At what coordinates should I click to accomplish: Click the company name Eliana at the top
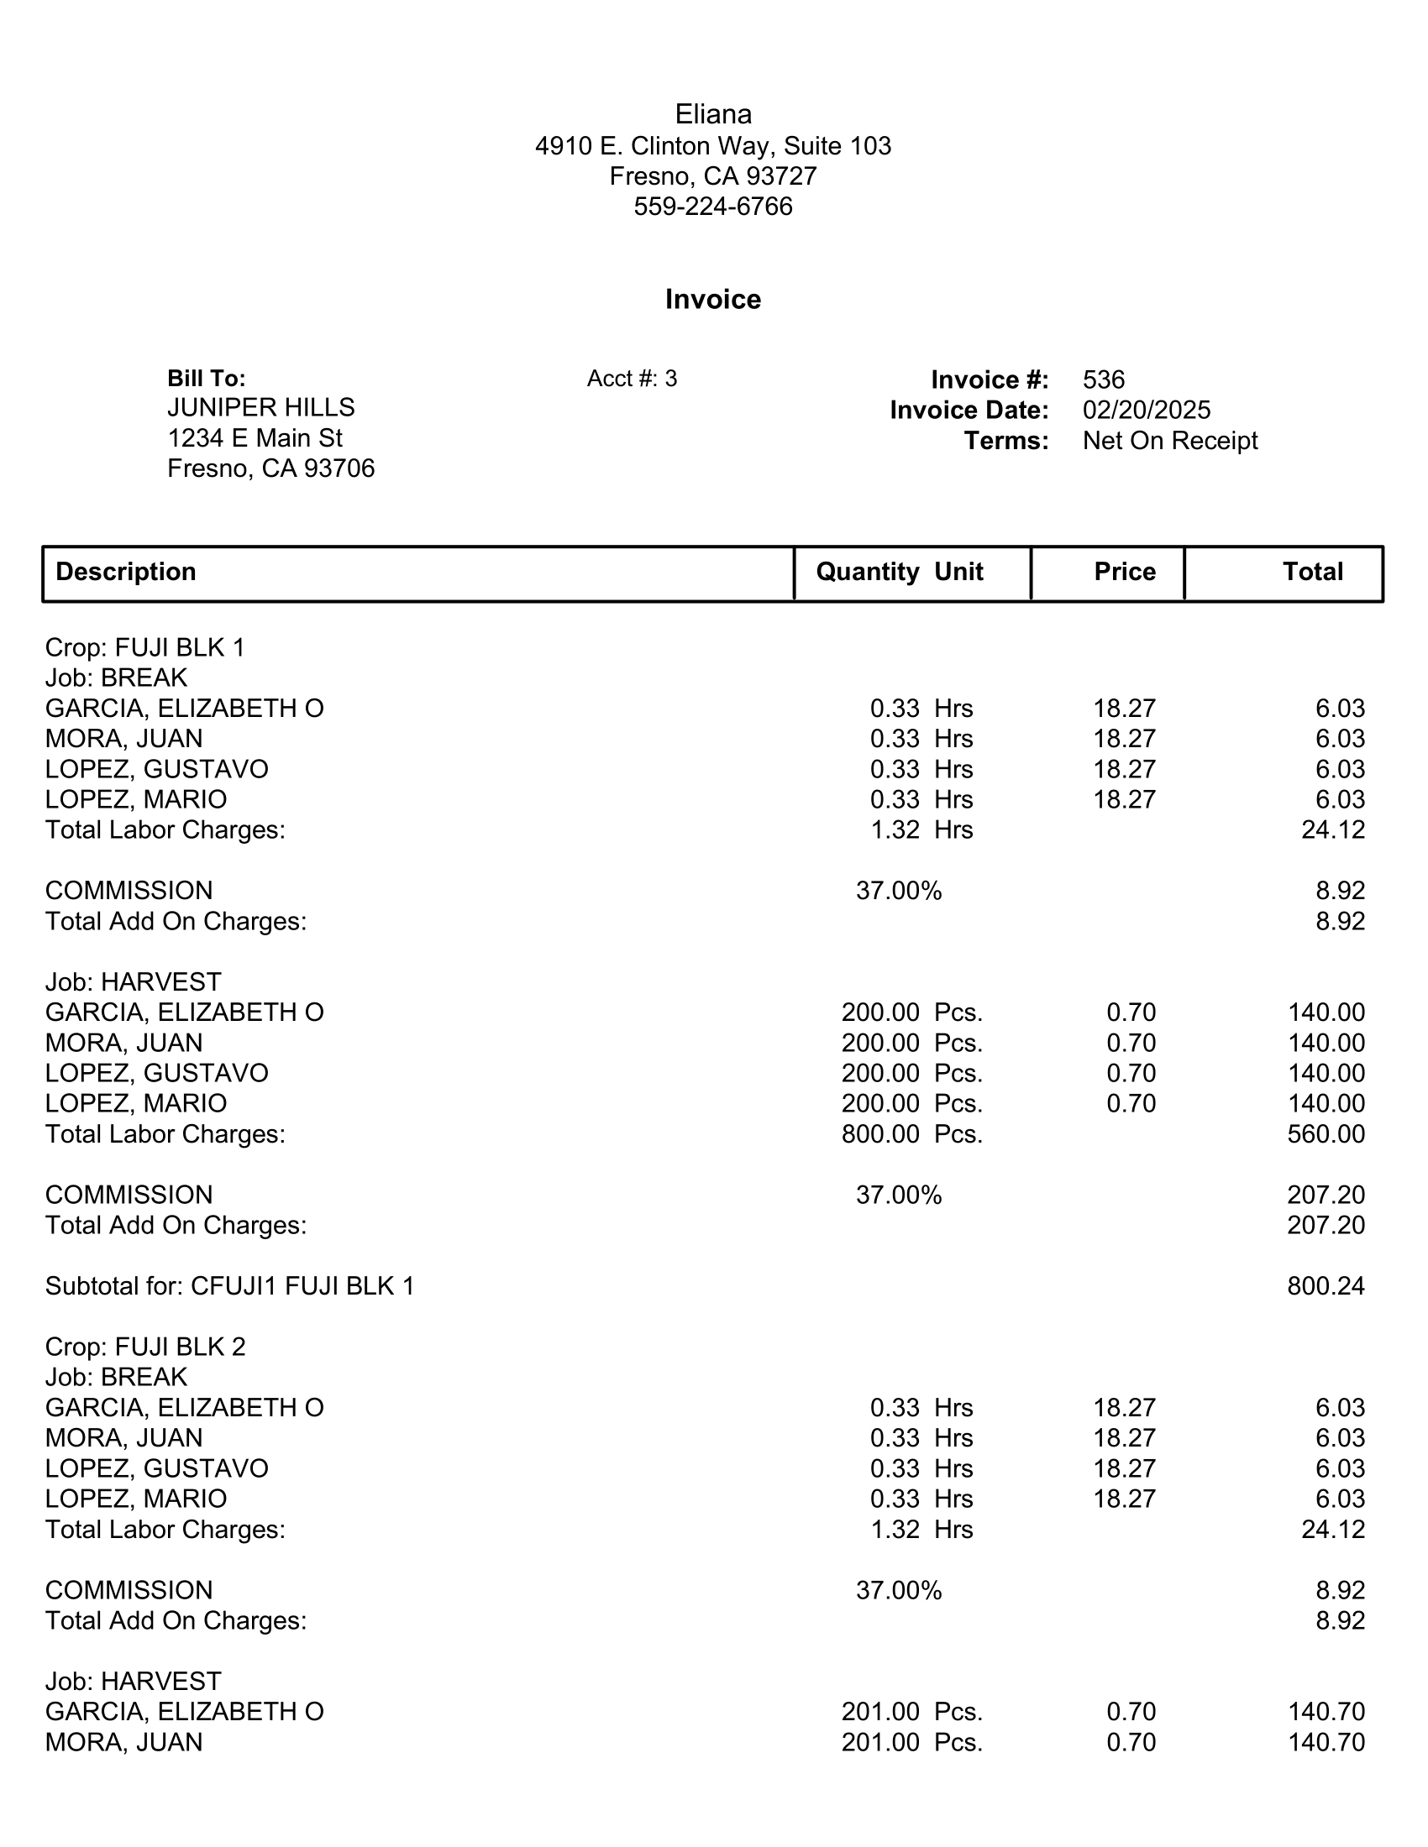point(713,114)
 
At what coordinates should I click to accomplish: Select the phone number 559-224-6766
point(713,207)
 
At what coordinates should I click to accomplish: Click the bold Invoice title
point(713,300)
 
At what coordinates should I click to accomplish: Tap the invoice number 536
point(1103,379)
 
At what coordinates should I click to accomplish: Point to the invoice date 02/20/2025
point(1147,411)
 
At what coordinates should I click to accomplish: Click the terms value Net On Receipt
point(1170,441)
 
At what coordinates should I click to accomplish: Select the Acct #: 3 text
point(632,379)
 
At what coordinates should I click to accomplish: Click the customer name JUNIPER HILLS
point(260,408)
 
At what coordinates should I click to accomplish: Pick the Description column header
point(126,572)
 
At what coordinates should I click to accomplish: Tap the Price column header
point(1124,572)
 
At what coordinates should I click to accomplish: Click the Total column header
point(1312,572)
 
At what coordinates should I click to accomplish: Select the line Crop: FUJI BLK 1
point(144,648)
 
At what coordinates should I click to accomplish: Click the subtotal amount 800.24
point(1326,1286)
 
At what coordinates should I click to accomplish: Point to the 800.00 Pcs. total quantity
point(911,1134)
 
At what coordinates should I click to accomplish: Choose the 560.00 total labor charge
point(1326,1134)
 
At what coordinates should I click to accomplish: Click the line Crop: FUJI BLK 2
point(144,1347)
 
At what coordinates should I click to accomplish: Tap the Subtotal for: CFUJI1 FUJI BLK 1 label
point(229,1286)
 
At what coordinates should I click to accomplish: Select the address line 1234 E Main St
point(255,438)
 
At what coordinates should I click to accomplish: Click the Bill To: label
point(207,378)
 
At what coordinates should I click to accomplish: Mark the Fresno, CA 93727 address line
point(713,176)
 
